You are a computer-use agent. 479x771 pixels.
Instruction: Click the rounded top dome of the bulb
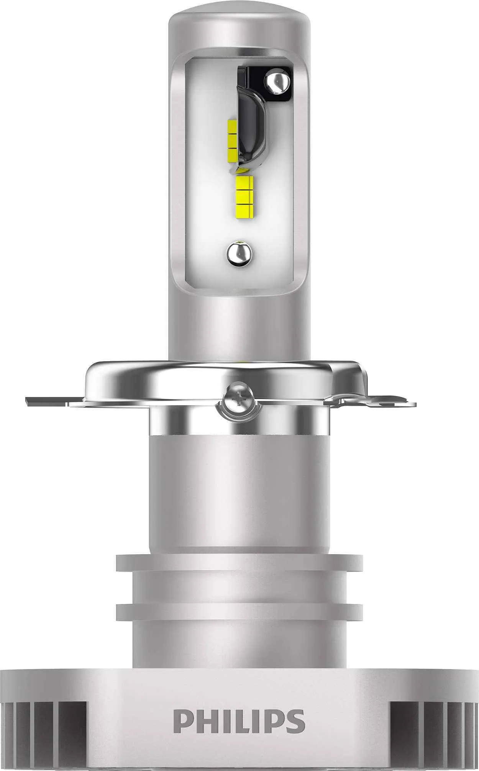(x=239, y=27)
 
